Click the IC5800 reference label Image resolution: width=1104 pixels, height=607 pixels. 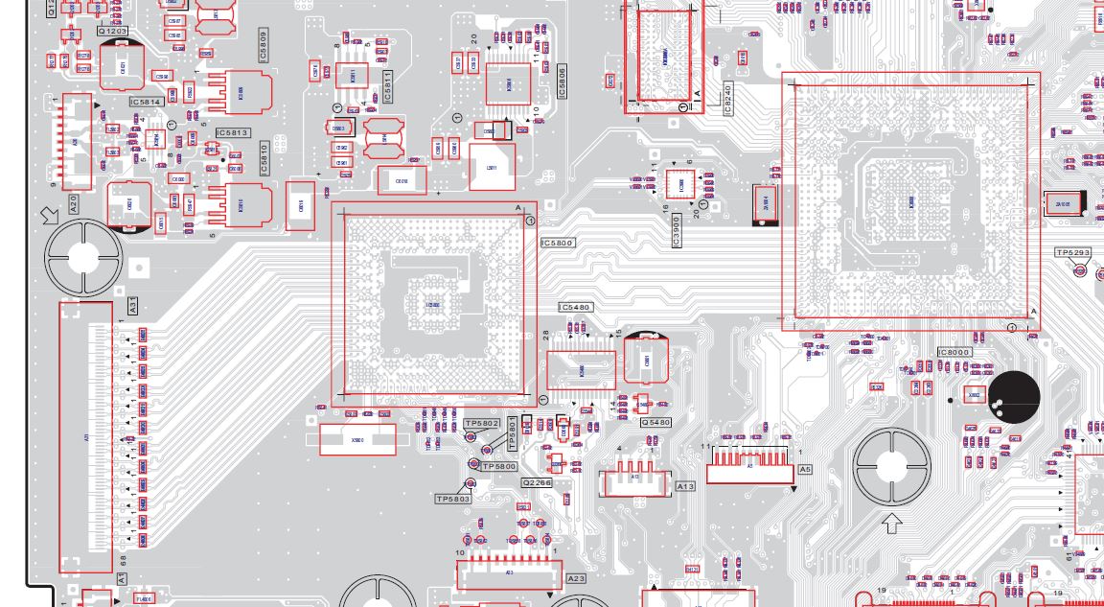tap(557, 244)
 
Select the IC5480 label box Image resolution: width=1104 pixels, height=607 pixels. tap(575, 308)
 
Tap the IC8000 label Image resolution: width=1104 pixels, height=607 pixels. tap(954, 352)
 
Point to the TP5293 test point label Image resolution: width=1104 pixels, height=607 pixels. tap(1072, 253)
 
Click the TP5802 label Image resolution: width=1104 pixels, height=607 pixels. tap(481, 423)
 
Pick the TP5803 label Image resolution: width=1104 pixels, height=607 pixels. tap(453, 499)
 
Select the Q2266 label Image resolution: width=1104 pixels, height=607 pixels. tap(537, 482)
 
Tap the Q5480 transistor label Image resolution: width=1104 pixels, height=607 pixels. tap(655, 422)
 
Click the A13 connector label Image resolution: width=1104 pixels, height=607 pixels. tap(685, 487)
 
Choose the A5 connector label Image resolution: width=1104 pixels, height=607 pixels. tap(805, 470)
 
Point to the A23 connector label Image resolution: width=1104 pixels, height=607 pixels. tap(576, 579)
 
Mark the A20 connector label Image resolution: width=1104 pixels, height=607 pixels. tap(73, 203)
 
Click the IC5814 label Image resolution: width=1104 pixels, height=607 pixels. tap(146, 102)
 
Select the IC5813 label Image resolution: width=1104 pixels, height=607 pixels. tap(232, 133)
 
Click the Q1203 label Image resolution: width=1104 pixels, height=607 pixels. tap(113, 32)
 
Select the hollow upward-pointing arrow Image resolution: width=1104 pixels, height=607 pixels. tap(892, 525)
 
